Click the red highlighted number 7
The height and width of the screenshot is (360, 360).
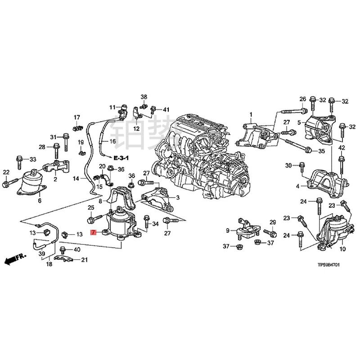point(93,232)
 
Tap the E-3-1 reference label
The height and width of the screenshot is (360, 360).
point(121,158)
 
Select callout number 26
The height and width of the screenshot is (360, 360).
point(302,99)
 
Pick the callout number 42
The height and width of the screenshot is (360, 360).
point(342,148)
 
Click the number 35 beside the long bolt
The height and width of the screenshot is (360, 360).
point(321,151)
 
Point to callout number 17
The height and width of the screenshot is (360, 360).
point(76,117)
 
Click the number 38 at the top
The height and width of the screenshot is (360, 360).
point(144,97)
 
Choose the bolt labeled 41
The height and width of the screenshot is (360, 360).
point(154,109)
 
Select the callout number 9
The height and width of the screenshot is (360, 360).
point(228,231)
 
